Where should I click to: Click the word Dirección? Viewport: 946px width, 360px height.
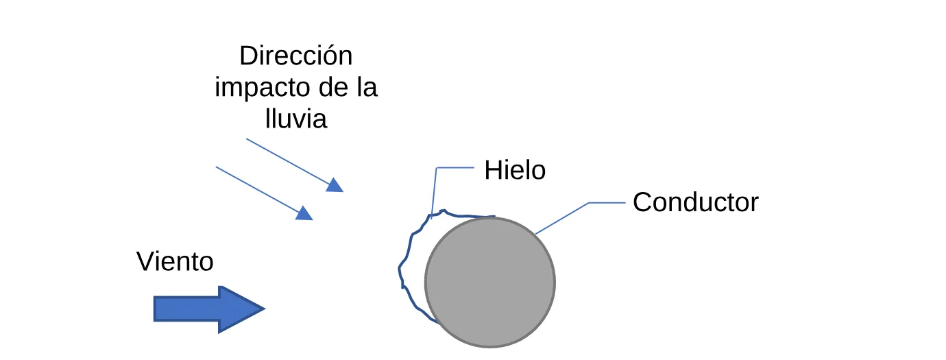pyautogui.click(x=296, y=56)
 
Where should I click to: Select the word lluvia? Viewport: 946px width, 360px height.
pyautogui.click(x=296, y=119)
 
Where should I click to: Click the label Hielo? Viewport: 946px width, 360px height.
pyautogui.click(x=515, y=170)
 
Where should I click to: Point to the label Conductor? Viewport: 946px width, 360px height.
pyautogui.click(x=696, y=202)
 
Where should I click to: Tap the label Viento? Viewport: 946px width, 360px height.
pyautogui.click(x=175, y=261)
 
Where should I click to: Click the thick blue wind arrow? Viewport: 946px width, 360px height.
pyautogui.click(x=209, y=309)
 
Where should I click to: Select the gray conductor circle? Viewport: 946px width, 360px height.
pyautogui.click(x=490, y=283)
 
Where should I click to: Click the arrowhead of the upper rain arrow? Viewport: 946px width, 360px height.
pyautogui.click(x=335, y=185)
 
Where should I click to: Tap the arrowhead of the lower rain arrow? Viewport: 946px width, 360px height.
pyautogui.click(x=304, y=213)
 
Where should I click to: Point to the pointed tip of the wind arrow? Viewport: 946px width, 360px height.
pyautogui.click(x=265, y=309)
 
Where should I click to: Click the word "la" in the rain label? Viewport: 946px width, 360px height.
pyautogui.click(x=367, y=88)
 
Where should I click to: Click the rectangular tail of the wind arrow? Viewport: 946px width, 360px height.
pyautogui.click(x=186, y=309)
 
